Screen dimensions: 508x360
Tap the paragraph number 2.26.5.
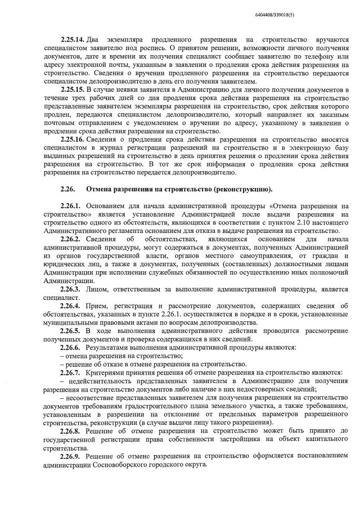tap(70, 330)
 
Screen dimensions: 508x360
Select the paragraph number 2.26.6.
tap(70, 347)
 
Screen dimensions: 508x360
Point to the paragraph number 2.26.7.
tap(70, 372)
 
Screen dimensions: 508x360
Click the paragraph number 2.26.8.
tap(70, 430)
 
